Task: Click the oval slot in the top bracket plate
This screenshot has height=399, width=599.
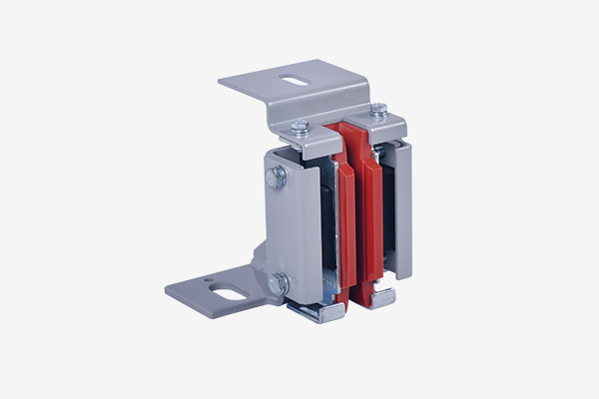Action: point(295,80)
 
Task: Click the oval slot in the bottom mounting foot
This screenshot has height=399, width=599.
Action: point(231,293)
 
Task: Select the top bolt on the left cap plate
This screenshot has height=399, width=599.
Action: point(299,127)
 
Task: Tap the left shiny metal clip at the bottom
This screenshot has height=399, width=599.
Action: point(316,312)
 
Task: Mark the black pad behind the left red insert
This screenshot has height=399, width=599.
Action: point(326,229)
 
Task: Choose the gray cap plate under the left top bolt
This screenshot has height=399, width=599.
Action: point(314,140)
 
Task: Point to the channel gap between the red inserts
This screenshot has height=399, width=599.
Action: point(358,229)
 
